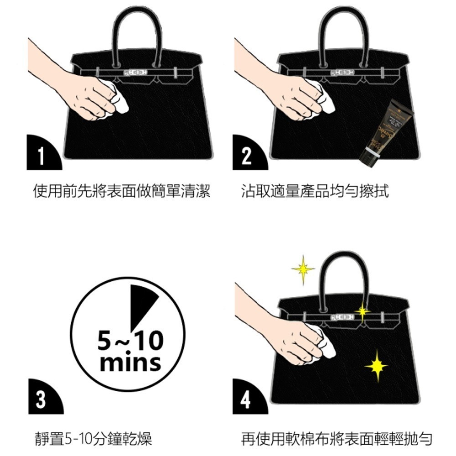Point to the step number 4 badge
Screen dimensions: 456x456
(246, 399)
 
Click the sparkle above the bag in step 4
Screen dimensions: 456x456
(303, 270)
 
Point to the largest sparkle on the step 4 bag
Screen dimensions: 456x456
(376, 365)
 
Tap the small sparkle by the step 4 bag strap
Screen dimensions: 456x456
(363, 312)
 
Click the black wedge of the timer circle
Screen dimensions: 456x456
(141, 303)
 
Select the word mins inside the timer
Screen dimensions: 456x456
(130, 363)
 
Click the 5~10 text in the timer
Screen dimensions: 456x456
(130, 341)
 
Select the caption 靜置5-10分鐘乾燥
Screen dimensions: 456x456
(93, 439)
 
